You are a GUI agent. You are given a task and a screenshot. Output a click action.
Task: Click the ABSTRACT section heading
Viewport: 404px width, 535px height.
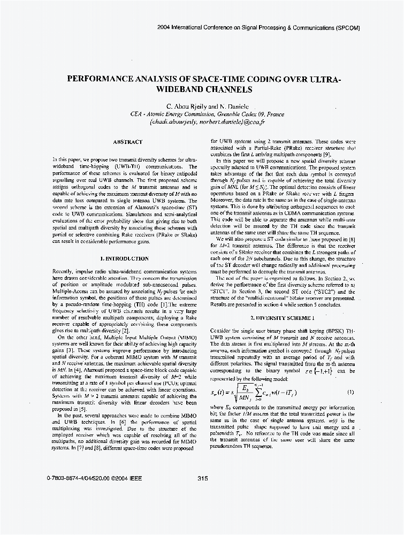(x=127, y=142)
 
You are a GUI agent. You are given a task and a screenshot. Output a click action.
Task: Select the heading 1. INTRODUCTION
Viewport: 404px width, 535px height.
(x=125, y=259)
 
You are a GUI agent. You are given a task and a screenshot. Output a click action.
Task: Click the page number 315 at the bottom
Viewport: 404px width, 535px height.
(x=202, y=478)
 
